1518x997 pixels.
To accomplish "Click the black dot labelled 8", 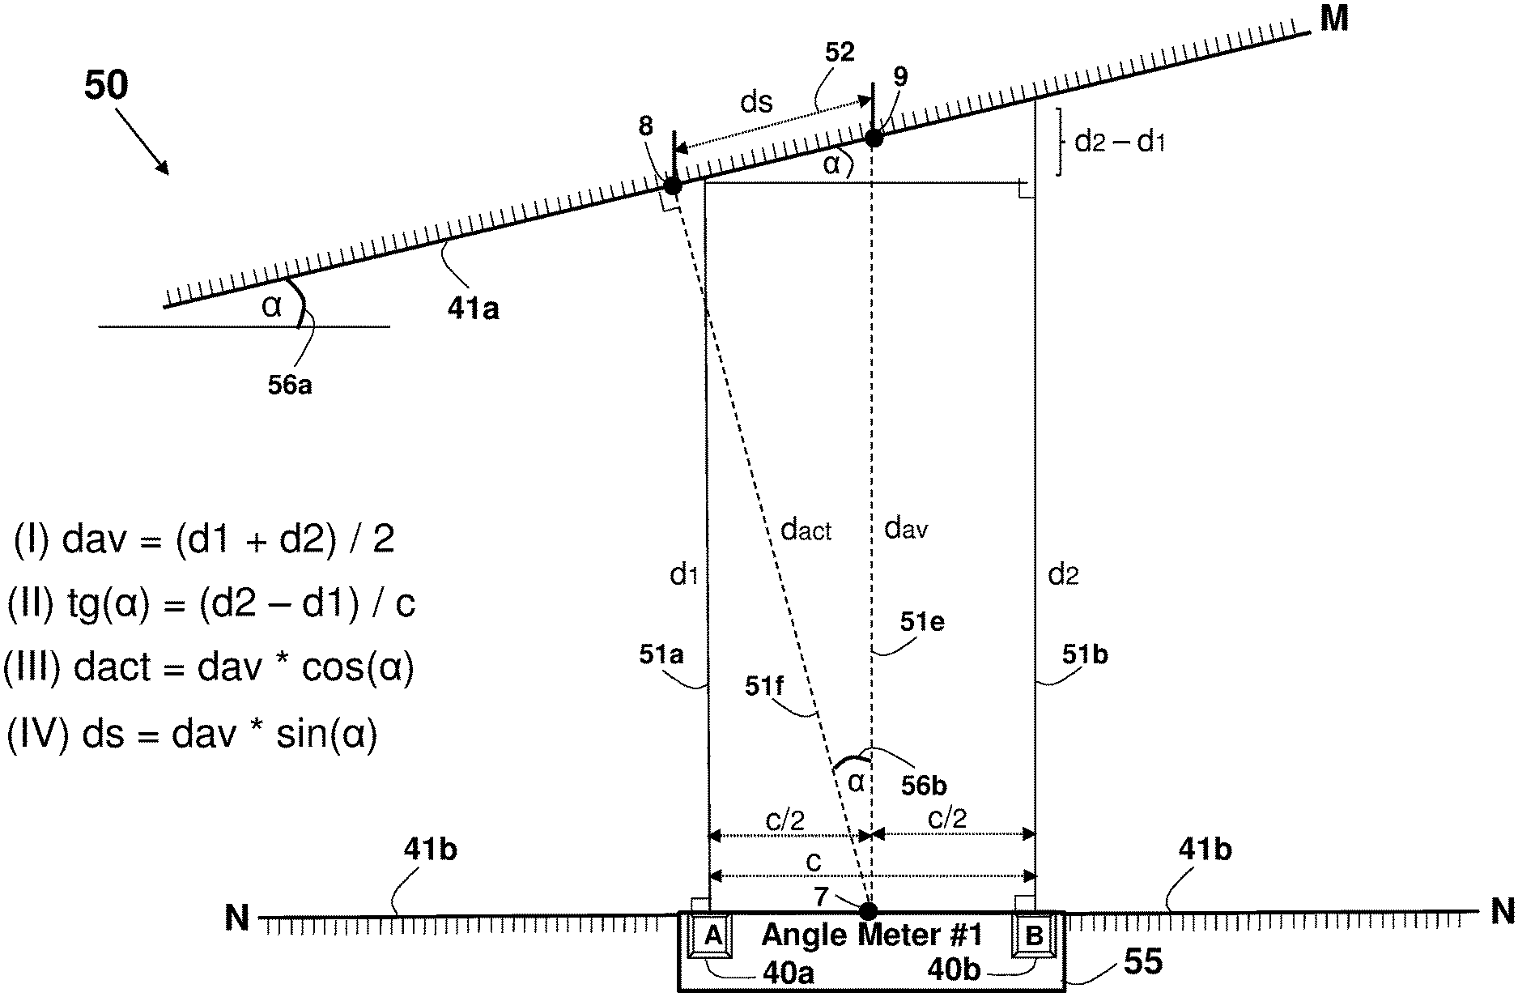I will (x=672, y=185).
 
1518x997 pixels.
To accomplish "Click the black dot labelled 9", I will (x=874, y=138).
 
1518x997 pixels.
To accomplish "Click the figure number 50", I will (x=106, y=86).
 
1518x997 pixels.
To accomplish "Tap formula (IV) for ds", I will (x=193, y=735).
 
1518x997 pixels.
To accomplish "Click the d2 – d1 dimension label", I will (x=1119, y=143).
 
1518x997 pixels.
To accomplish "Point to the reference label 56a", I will (x=290, y=386).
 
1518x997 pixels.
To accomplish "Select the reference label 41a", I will (x=473, y=308).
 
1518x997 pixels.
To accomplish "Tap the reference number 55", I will (x=1142, y=962).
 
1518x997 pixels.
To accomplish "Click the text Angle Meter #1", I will (x=872, y=935).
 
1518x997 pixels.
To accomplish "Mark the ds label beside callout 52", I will (x=757, y=103).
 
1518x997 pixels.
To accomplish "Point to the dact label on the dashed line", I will (x=806, y=530).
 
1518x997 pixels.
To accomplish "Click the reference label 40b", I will (x=954, y=971).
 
